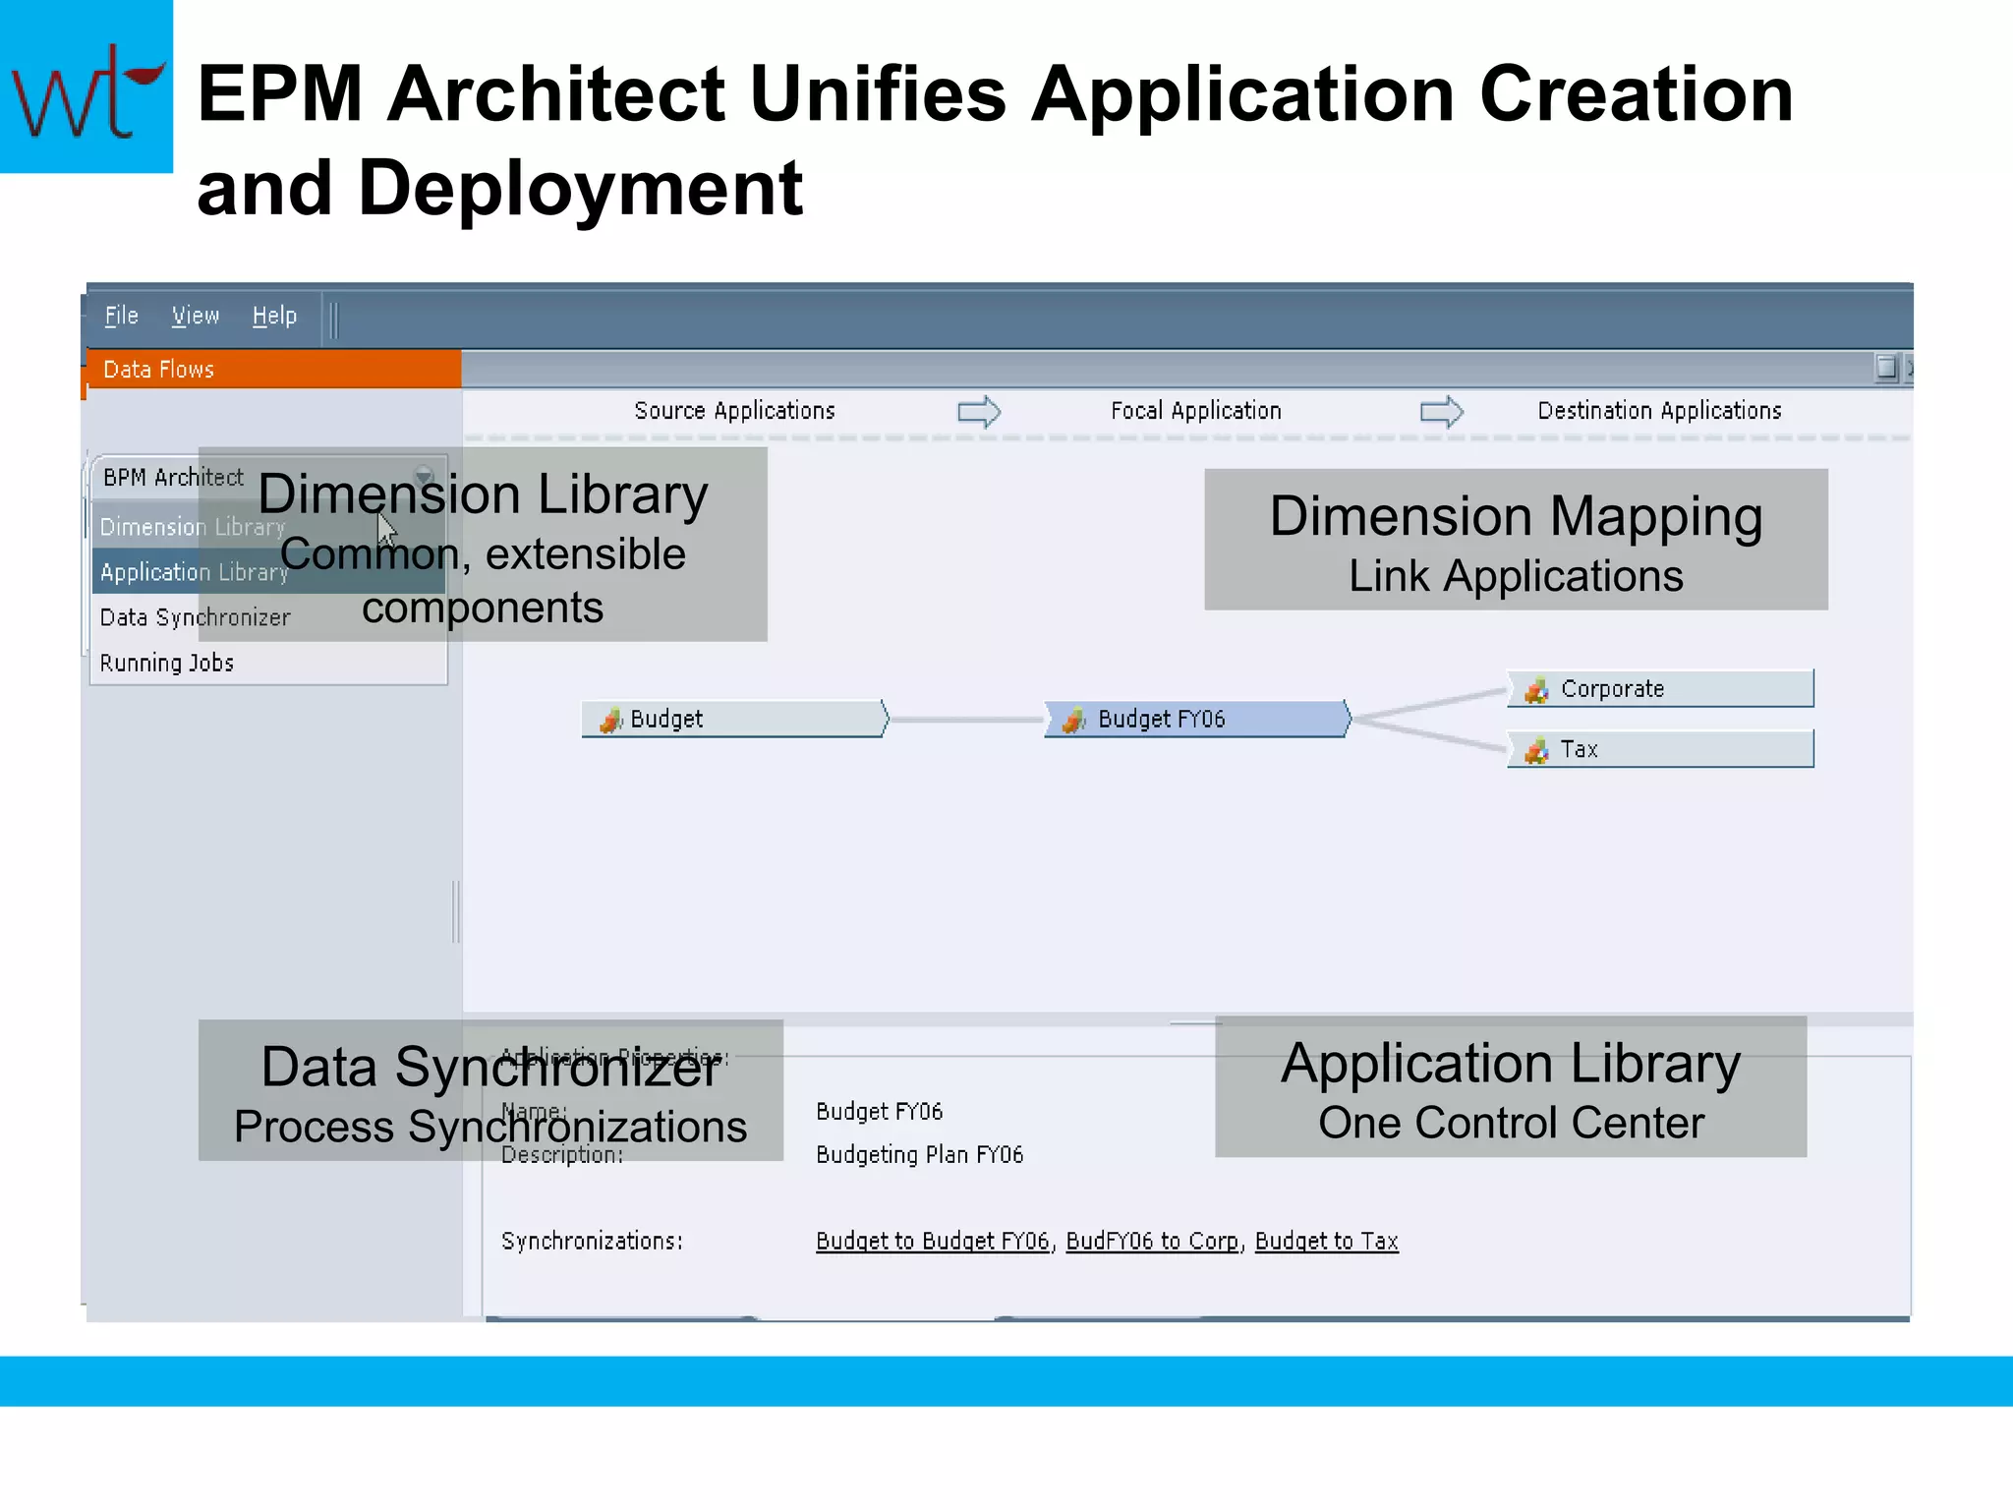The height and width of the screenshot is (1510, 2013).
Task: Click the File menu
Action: click(121, 316)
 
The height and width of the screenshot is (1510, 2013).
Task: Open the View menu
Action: click(195, 316)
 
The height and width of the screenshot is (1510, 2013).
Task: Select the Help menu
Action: click(274, 316)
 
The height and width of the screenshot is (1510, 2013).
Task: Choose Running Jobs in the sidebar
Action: click(167, 664)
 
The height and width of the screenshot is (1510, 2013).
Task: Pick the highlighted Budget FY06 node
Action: click(1196, 720)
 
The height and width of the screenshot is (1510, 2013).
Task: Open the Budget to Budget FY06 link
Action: click(932, 1242)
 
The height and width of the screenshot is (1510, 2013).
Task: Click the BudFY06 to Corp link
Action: click(1152, 1242)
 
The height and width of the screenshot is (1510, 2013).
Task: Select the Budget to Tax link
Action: click(1326, 1242)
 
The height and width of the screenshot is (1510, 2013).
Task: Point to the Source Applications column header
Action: click(734, 411)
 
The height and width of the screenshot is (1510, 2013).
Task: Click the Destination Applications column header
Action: click(1659, 411)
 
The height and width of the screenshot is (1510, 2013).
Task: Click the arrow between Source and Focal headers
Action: click(979, 411)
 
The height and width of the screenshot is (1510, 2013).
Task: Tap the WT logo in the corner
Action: click(86, 87)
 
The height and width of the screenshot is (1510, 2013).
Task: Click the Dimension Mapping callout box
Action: click(1516, 540)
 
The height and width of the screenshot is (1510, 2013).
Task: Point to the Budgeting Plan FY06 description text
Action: click(919, 1155)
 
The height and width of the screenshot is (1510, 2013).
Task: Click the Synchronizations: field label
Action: click(592, 1242)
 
